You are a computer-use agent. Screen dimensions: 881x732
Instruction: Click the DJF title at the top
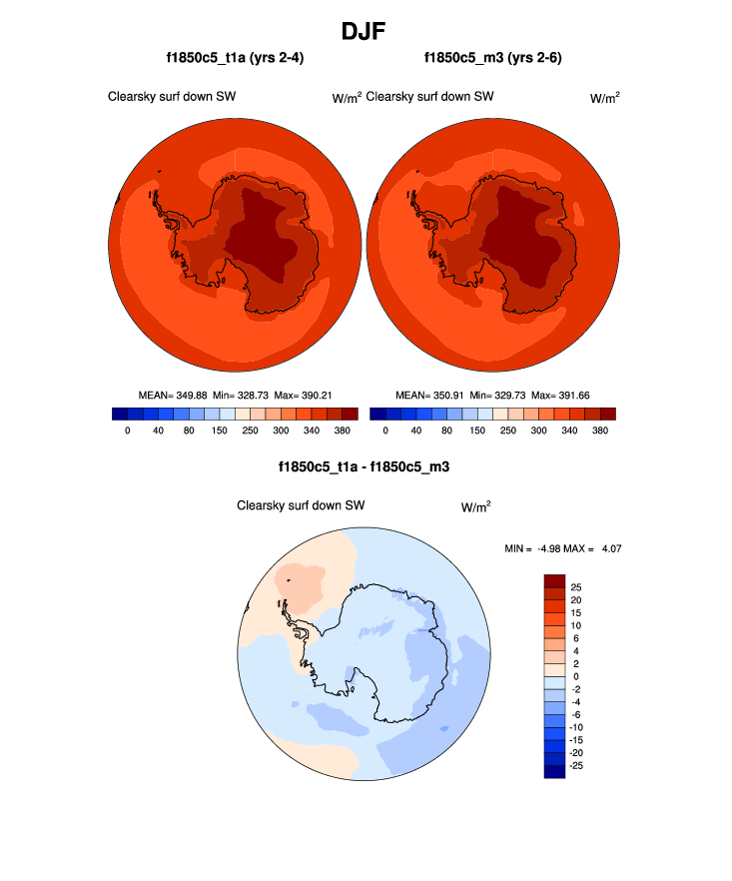tap(366, 31)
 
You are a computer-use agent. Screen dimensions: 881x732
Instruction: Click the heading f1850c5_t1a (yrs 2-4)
tap(235, 58)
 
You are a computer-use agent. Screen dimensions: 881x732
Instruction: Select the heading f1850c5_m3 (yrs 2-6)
tap(492, 58)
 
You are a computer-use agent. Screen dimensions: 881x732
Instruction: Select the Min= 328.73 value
tap(240, 395)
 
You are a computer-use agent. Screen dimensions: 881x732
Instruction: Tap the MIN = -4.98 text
tap(538, 548)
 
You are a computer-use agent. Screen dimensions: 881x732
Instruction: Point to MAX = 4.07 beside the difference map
tap(600, 548)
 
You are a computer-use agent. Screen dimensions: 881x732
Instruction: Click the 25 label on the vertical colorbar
tap(575, 588)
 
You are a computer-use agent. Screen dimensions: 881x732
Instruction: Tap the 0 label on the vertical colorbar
tap(577, 677)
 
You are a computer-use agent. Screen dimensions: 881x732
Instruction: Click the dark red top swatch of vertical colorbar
tap(554, 581)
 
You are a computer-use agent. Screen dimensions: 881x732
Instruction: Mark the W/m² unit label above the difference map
tap(476, 506)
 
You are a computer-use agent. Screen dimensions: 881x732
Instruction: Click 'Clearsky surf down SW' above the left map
tap(173, 97)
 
